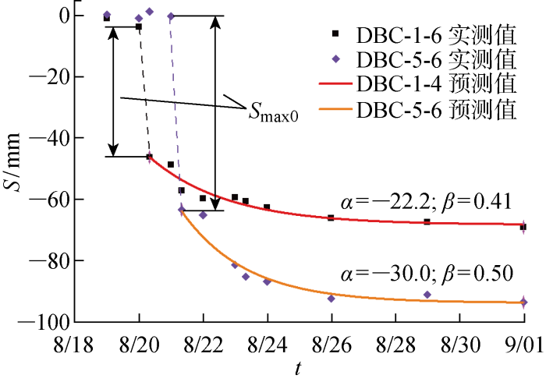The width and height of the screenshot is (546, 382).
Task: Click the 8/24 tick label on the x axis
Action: [268, 342]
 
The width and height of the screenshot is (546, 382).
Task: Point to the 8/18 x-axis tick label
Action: [76, 342]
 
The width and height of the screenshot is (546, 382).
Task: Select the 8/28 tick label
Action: [395, 342]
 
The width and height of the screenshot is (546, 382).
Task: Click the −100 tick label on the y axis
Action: [48, 321]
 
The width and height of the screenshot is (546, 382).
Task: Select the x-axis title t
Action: [299, 369]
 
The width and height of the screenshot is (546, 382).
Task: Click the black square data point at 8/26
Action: [331, 218]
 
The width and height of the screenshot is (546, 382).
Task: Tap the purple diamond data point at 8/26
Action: [331, 299]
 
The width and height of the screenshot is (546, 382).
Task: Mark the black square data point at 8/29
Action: [427, 222]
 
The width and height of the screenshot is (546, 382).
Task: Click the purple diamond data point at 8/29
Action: [427, 295]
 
